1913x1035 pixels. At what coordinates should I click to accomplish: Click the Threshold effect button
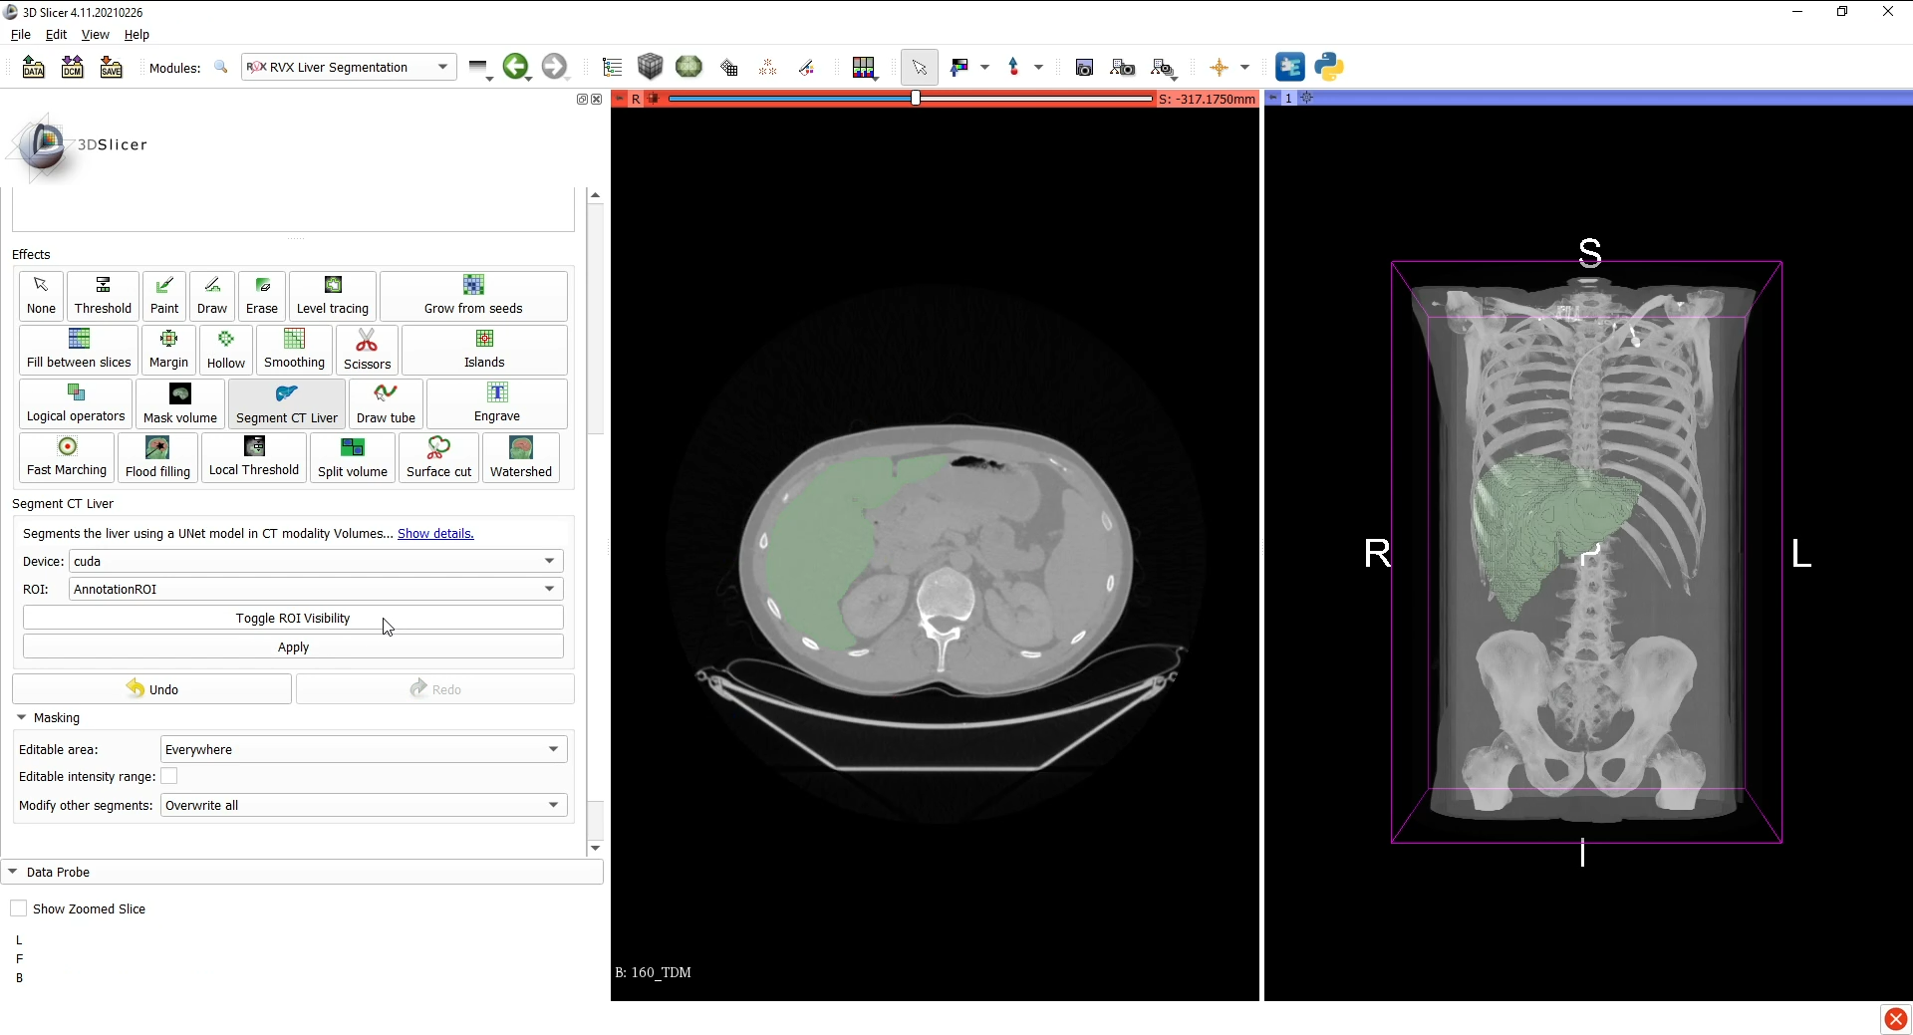103,296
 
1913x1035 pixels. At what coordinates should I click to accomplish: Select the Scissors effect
367,350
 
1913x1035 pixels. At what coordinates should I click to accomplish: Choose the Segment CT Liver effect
286,403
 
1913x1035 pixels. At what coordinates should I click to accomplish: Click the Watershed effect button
520,457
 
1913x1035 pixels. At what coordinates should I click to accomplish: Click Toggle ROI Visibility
293,618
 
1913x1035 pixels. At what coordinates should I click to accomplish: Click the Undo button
151,689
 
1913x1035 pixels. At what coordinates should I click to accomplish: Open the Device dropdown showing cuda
315,561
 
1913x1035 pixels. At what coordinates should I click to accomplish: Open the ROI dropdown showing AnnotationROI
315,589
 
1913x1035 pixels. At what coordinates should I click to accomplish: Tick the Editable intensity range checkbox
169,776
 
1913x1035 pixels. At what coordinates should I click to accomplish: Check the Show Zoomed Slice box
19,908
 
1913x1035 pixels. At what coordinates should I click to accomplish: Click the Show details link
435,534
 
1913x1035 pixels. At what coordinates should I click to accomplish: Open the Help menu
137,34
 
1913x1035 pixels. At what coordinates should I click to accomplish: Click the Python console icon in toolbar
1329,67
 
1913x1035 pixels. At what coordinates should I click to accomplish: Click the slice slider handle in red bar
916,98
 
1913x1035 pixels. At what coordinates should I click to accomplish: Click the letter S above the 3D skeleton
1590,253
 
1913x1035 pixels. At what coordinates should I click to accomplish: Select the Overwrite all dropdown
363,805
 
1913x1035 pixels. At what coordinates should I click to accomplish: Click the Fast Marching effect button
67,457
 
